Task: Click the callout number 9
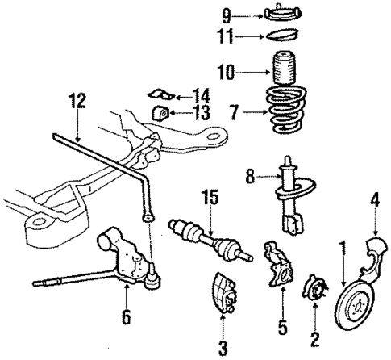coord(227,14)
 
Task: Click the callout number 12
coord(76,102)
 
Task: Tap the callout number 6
coord(126,317)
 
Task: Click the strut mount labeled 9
coord(277,14)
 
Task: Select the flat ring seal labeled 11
coord(278,36)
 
